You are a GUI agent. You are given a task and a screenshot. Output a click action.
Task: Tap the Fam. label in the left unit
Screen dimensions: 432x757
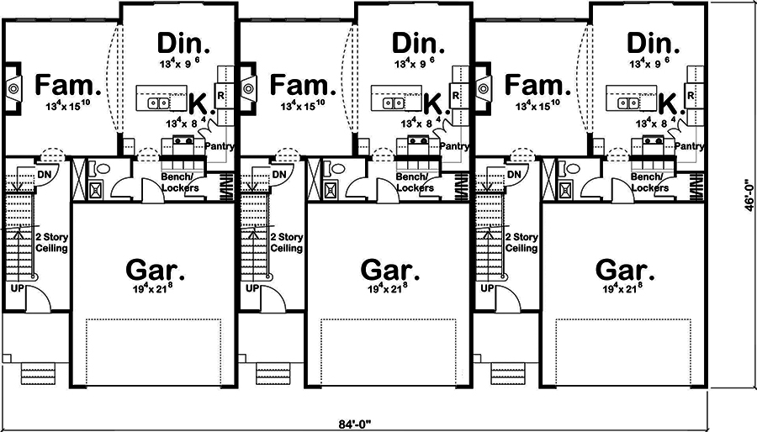[x=68, y=85]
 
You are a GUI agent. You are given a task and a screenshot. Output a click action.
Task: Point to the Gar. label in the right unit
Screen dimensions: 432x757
[x=624, y=270]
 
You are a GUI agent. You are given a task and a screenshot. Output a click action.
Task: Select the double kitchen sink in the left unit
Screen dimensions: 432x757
[x=159, y=103]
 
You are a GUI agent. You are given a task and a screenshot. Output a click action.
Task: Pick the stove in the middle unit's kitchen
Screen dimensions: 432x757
[x=415, y=141]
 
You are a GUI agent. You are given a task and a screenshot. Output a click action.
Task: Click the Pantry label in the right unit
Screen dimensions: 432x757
[x=689, y=146]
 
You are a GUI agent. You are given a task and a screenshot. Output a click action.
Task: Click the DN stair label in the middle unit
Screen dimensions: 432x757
[x=282, y=174]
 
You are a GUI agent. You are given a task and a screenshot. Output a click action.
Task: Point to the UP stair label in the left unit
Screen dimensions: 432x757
[x=17, y=288]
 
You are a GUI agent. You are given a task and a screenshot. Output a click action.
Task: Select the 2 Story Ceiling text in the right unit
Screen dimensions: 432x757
[x=521, y=243]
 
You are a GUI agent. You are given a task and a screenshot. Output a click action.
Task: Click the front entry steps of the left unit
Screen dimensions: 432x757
[x=39, y=371]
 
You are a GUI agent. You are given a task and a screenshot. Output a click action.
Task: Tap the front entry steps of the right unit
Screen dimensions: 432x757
[x=509, y=371]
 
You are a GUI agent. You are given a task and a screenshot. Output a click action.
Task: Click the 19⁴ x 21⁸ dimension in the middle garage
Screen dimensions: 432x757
[x=389, y=288]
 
